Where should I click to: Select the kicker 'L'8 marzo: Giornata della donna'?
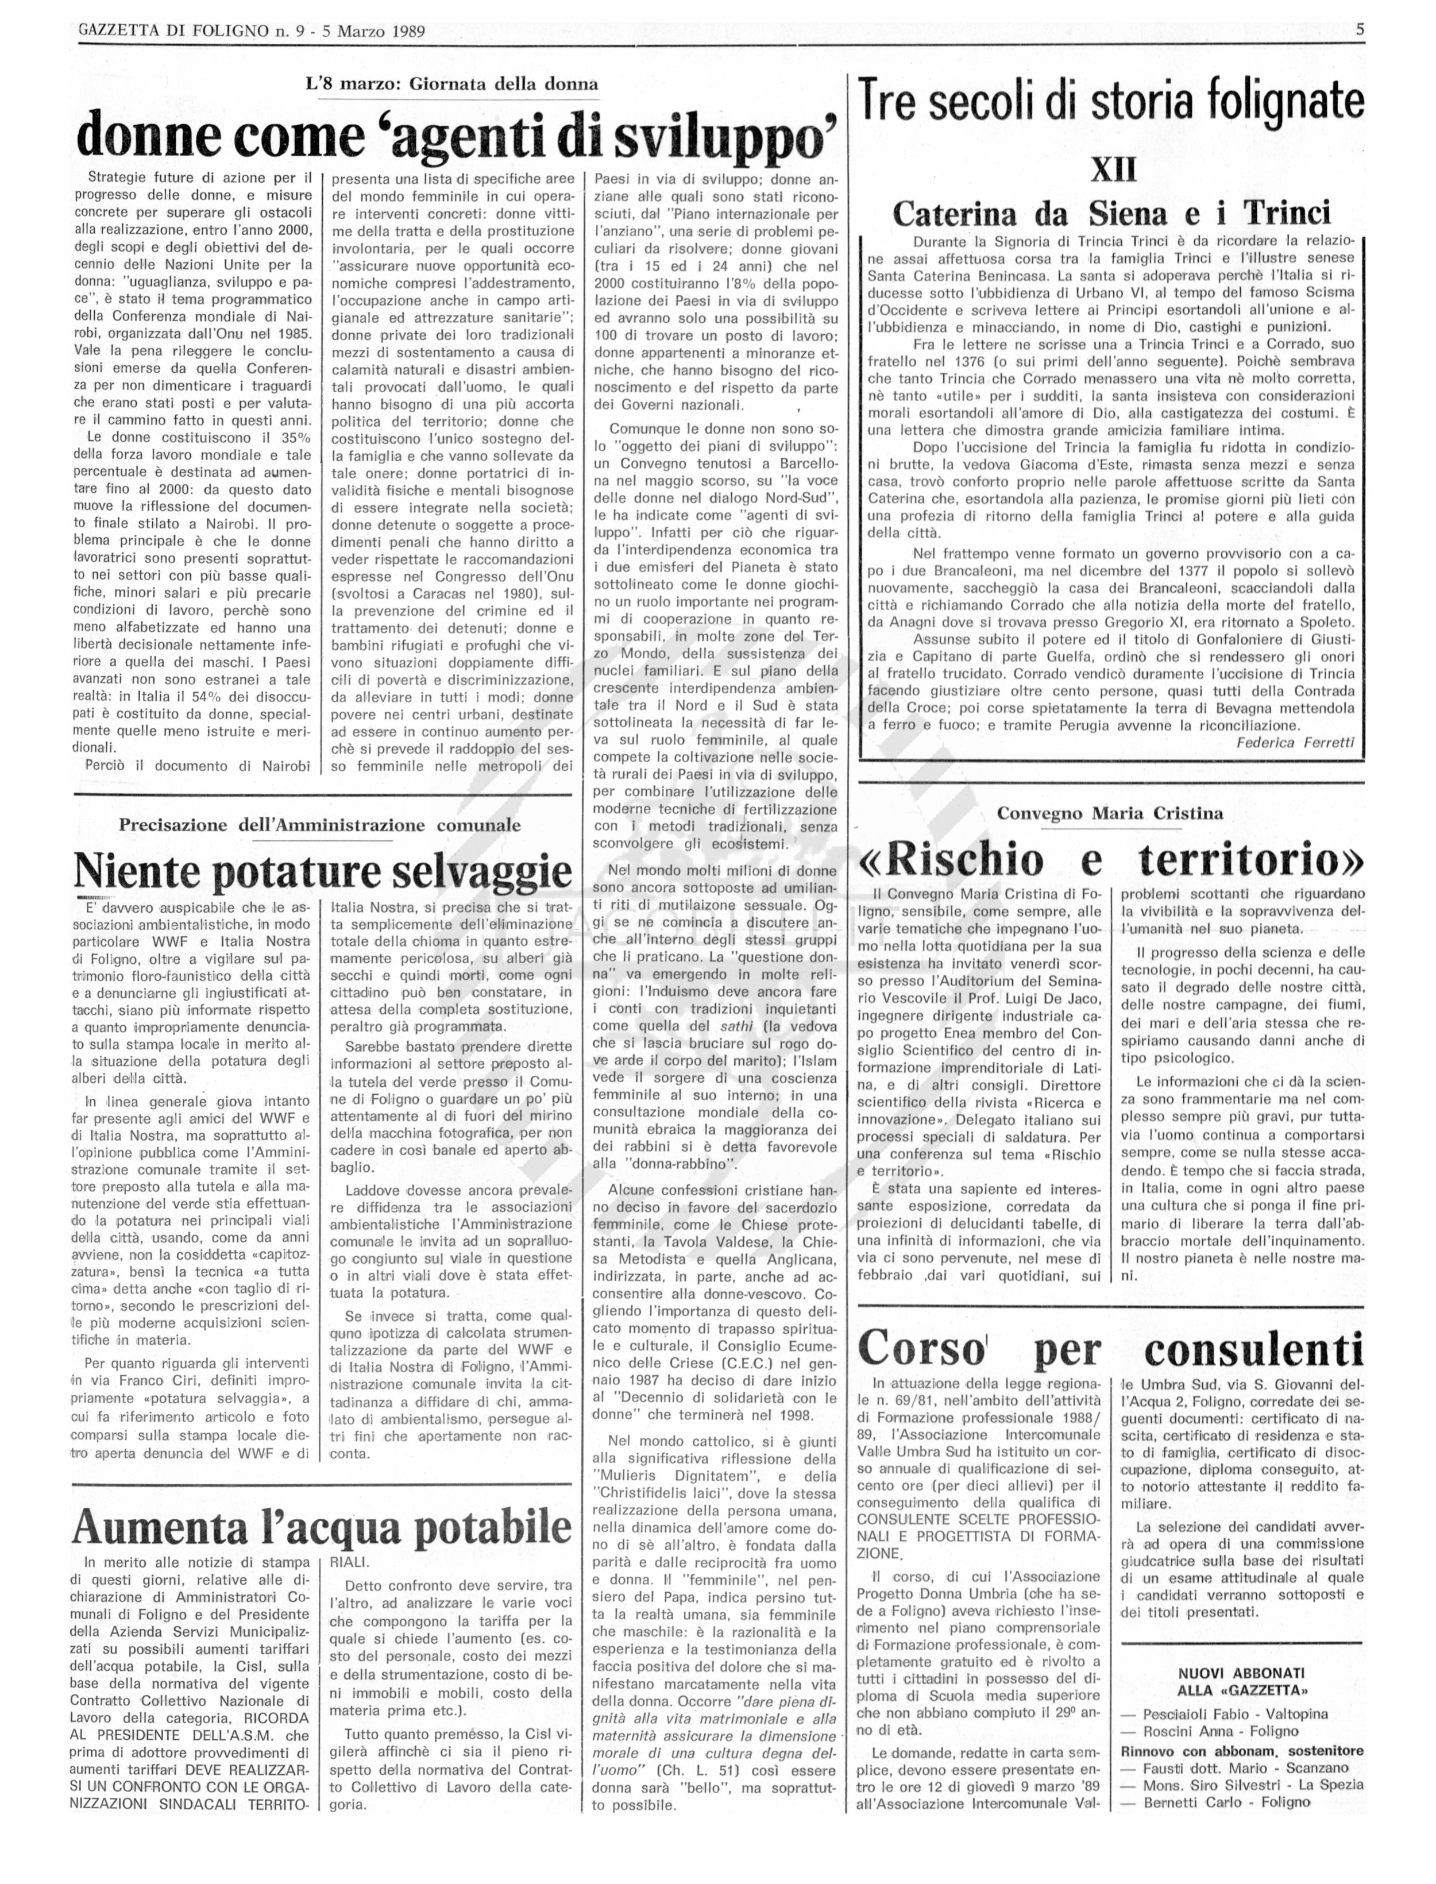452,84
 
